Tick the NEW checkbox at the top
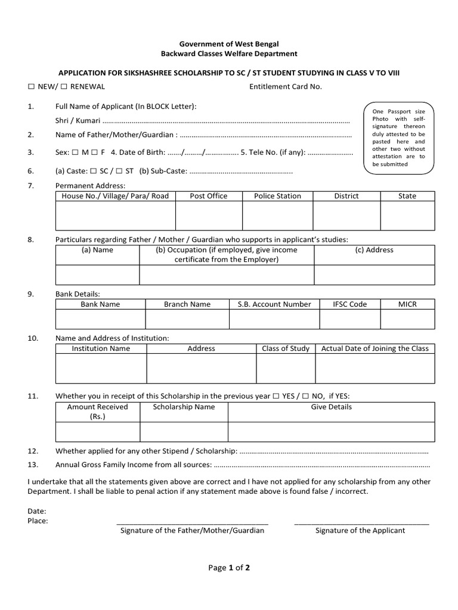[31, 87]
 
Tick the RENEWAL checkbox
[64, 87]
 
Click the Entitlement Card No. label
[285, 86]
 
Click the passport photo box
[398, 138]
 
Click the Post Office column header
[208, 196]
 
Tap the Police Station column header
[277, 196]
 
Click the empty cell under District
[346, 216]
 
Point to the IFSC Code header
[349, 304]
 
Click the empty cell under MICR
[407, 319]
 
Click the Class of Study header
[286, 348]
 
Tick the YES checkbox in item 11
[276, 396]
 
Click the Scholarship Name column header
[184, 407]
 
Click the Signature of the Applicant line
[361, 524]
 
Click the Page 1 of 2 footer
[229, 568]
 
